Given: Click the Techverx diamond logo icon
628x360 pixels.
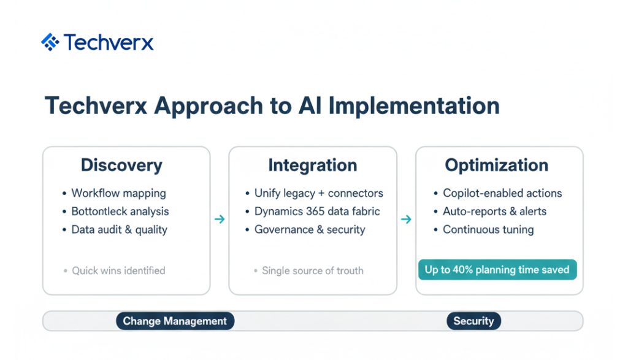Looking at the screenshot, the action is pyautogui.click(x=50, y=42).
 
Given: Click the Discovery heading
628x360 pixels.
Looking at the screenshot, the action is pyautogui.click(x=122, y=166).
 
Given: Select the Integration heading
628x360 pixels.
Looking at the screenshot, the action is pyautogui.click(x=312, y=166).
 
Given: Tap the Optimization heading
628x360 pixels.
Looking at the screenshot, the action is pyautogui.click(x=497, y=166).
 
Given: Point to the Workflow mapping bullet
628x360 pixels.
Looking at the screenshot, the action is pyautogui.click(x=118, y=193).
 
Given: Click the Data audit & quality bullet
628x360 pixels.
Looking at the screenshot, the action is pyautogui.click(x=120, y=230).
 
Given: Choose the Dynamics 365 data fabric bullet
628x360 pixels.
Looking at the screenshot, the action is pyautogui.click(x=317, y=212).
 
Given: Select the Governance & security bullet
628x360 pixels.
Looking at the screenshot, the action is pyautogui.click(x=310, y=230).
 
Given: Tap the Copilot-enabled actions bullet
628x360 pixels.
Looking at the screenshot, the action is pyautogui.click(x=502, y=193).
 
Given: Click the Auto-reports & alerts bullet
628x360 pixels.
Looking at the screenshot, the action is pyautogui.click(x=495, y=212).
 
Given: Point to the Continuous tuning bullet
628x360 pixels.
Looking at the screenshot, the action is pyautogui.click(x=488, y=230).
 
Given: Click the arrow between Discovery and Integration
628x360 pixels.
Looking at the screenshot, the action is pyautogui.click(x=220, y=219).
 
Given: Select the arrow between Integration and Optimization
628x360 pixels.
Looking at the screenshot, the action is pyautogui.click(x=406, y=219).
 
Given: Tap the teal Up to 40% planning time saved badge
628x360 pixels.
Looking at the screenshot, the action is pyautogui.click(x=497, y=269).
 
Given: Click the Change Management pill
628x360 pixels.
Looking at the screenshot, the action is pyautogui.click(x=175, y=321).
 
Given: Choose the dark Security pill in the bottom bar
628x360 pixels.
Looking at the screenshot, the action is pyautogui.click(x=474, y=321).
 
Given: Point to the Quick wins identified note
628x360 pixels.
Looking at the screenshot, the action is pyautogui.click(x=118, y=270).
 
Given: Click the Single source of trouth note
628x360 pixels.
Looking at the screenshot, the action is pyautogui.click(x=312, y=270).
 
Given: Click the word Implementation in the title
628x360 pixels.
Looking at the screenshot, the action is pyautogui.click(x=414, y=106).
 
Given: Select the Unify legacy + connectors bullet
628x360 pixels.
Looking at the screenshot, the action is pyautogui.click(x=319, y=193).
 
